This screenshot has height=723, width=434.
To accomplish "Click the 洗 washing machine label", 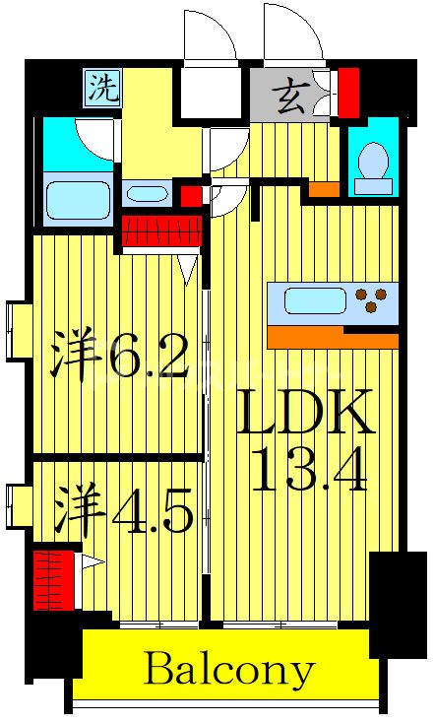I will tap(102, 90).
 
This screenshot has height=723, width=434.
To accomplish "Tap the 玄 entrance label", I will tap(290, 99).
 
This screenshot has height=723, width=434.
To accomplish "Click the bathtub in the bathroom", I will tap(78, 202).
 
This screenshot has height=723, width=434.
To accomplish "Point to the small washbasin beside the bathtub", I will tap(148, 194).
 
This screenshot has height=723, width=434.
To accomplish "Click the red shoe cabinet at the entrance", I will tap(348, 90).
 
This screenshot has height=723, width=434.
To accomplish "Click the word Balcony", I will tap(228, 671).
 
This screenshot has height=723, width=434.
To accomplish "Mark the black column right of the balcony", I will tap(398, 601).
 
